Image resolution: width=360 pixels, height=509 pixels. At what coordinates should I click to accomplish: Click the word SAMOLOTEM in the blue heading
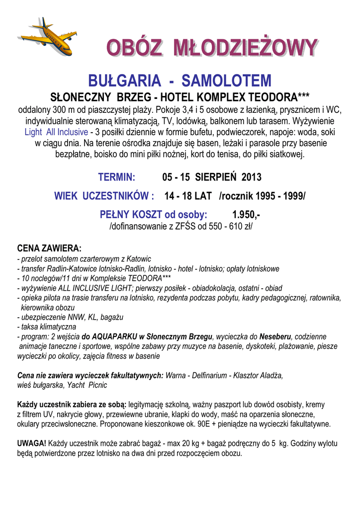point(227,80)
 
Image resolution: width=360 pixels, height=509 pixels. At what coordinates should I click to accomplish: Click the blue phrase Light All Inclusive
point(56,133)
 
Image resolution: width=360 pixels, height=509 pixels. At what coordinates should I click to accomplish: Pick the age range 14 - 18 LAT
point(188,196)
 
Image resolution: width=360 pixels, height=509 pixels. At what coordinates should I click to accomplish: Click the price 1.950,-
point(246,215)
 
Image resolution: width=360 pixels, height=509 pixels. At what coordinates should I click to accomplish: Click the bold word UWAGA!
point(32,443)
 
